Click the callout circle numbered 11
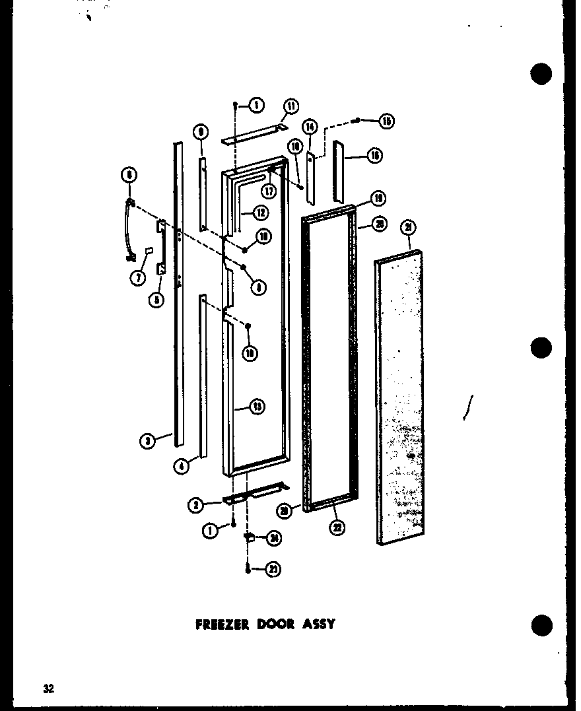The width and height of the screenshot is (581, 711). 290,106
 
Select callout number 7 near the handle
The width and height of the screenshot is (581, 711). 138,279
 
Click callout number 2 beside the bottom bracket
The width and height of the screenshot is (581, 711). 195,506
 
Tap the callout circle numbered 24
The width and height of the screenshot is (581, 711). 272,538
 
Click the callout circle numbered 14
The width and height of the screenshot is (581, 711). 310,127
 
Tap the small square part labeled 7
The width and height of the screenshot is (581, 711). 151,252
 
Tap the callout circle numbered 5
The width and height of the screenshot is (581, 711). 156,299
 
